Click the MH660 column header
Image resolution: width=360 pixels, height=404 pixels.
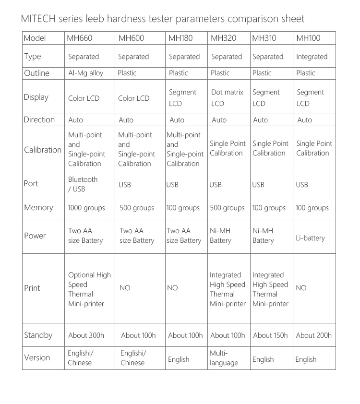click(x=80, y=38)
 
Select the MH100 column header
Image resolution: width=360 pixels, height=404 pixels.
click(x=308, y=38)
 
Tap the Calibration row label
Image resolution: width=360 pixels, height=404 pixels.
click(x=43, y=150)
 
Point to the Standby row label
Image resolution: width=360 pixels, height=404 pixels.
click(x=38, y=335)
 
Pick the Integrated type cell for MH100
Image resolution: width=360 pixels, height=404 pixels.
click(x=312, y=57)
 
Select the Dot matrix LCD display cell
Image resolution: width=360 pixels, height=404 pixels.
click(x=227, y=97)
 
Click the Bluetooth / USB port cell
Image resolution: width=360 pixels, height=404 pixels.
click(x=83, y=184)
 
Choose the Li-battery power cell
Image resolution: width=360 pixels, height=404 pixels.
click(x=310, y=238)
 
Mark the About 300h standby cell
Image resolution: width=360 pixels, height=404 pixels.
click(x=86, y=335)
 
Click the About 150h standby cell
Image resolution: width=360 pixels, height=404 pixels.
click(x=270, y=335)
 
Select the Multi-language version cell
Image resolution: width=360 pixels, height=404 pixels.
click(x=224, y=358)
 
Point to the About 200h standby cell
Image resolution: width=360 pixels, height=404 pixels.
click(x=313, y=335)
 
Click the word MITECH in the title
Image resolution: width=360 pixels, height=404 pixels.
click(x=39, y=19)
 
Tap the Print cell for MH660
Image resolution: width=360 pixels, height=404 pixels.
click(x=89, y=289)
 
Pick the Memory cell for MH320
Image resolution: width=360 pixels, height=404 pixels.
click(x=227, y=208)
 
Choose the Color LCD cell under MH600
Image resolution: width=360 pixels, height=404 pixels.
click(x=133, y=98)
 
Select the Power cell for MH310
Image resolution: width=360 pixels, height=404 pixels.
click(x=263, y=236)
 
